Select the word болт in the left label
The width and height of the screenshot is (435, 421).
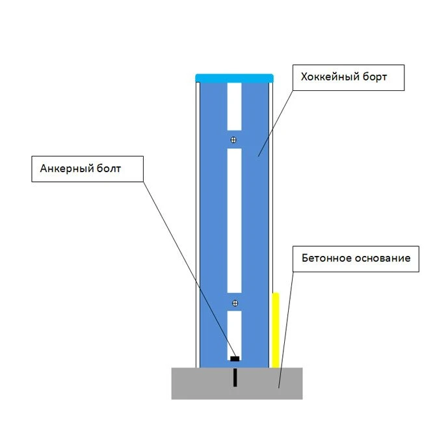[109, 168]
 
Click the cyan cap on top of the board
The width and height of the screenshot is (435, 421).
[235, 78]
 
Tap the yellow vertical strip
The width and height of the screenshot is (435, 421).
[275, 330]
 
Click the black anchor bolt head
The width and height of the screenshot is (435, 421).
[235, 359]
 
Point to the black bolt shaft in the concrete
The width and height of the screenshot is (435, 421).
[235, 377]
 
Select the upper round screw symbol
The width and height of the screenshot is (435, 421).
[233, 140]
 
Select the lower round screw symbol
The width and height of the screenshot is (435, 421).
[235, 303]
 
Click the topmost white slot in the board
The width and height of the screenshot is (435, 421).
[235, 107]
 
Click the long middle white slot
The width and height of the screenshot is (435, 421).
[235, 221]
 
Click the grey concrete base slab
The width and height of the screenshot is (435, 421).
[237, 383]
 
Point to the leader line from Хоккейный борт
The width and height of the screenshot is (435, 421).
[276, 123]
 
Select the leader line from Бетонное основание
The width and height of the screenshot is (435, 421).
[285, 330]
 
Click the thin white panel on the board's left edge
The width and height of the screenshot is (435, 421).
[198, 225]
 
